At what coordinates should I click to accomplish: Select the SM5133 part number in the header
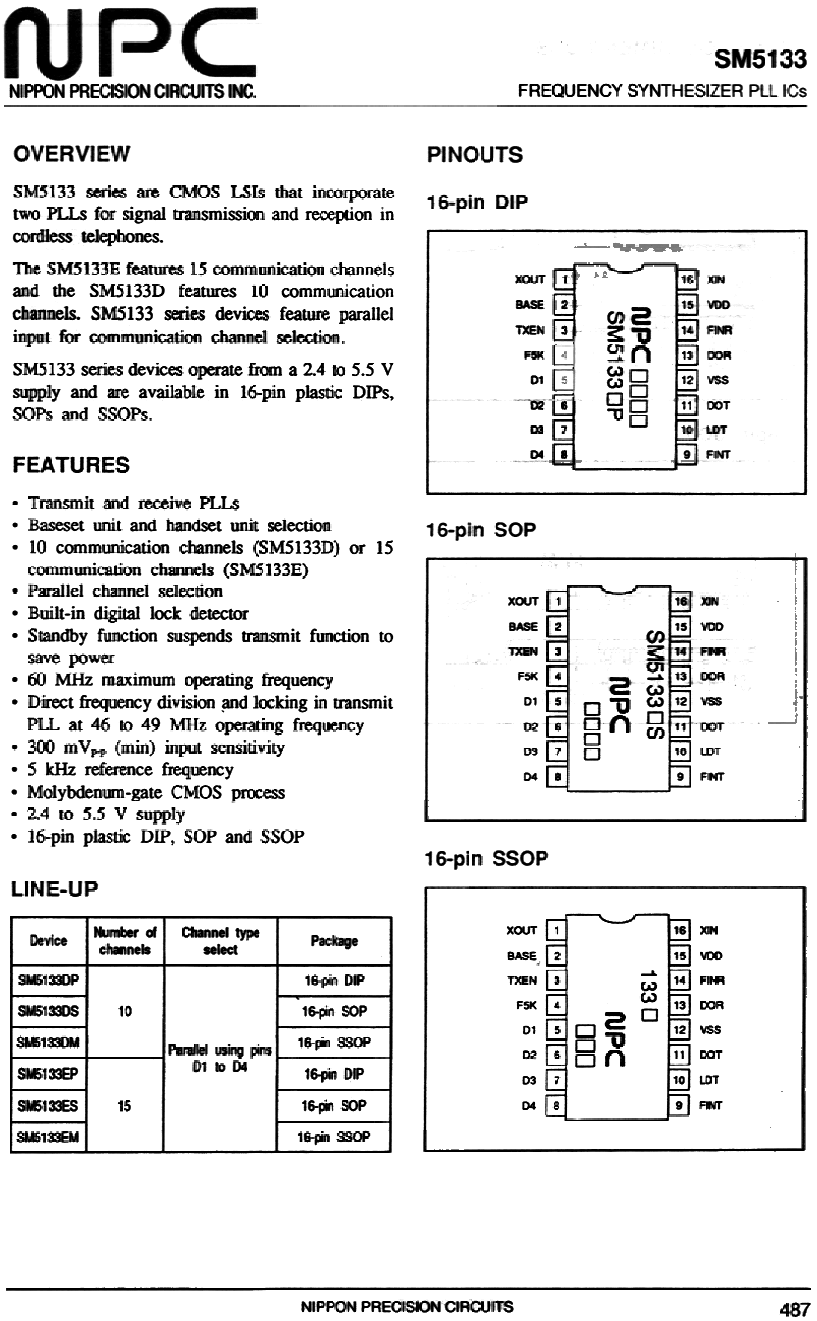pos(760,59)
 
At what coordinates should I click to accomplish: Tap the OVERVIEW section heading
pos(72,154)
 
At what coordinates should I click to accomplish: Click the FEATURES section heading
pos(71,465)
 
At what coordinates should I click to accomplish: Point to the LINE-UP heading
pos(54,889)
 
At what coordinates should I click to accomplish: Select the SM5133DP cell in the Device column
pos(48,980)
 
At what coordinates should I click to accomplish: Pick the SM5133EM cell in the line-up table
pos(48,1137)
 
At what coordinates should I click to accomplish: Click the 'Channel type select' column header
pos(220,941)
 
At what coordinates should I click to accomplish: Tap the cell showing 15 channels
pos(124,1105)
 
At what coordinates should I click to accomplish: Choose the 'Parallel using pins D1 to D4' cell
pos(220,1058)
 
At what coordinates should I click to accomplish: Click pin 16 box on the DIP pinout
pos(687,280)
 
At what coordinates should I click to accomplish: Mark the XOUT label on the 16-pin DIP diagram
pos(529,280)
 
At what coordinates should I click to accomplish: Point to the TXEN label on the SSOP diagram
pos(522,980)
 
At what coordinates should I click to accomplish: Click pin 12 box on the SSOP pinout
pos(679,1030)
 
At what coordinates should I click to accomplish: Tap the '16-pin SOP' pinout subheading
pos(481,530)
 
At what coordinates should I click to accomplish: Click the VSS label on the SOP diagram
pos(711,701)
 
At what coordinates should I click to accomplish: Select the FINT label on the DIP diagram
pos(718,455)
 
